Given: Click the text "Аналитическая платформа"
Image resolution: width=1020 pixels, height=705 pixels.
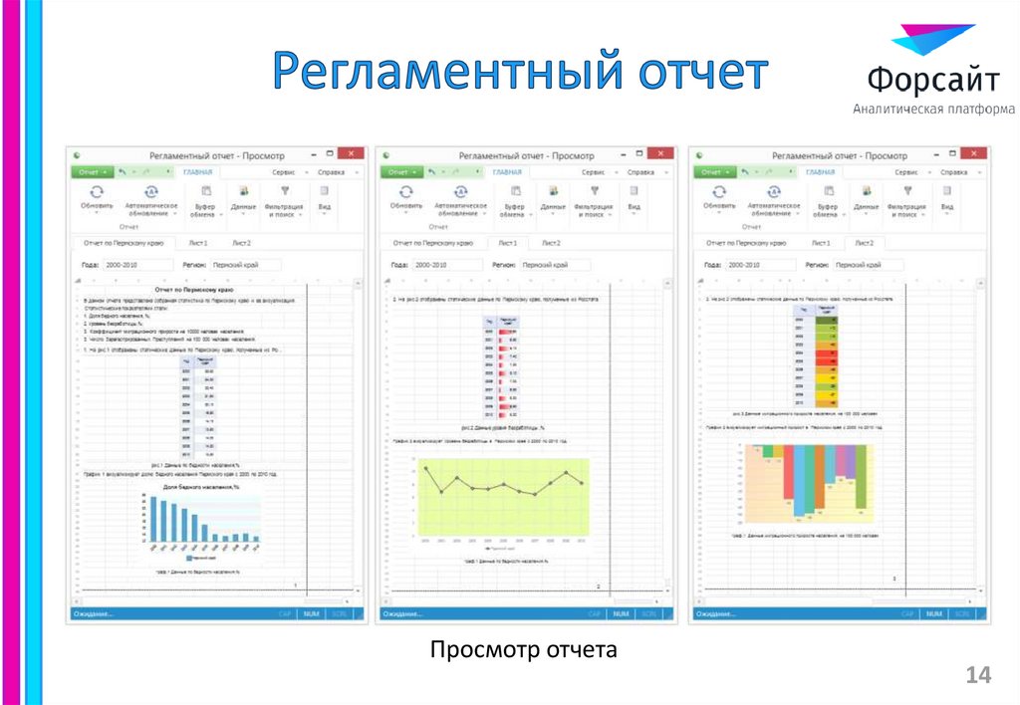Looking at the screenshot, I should pyautogui.click(x=933, y=109).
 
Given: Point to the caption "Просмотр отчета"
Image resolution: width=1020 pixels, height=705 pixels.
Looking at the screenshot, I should pyautogui.click(x=524, y=650).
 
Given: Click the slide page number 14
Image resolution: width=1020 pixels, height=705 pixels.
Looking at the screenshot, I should pyautogui.click(x=978, y=676).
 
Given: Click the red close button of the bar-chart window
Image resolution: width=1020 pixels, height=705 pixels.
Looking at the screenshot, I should pyautogui.click(x=351, y=154).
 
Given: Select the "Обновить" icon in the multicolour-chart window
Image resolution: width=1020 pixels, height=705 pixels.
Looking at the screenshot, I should pyautogui.click(x=718, y=192).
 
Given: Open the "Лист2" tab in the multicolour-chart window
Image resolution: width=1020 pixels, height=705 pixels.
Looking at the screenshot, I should pyautogui.click(x=863, y=243).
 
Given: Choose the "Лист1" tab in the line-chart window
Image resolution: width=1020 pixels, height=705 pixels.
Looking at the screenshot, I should pyautogui.click(x=507, y=243).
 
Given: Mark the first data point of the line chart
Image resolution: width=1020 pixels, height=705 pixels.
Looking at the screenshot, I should pyautogui.click(x=425, y=467).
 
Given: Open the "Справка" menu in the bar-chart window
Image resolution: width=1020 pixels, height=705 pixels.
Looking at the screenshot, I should pyautogui.click(x=331, y=172).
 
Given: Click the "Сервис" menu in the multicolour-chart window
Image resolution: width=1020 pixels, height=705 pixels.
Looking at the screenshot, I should pyautogui.click(x=905, y=172).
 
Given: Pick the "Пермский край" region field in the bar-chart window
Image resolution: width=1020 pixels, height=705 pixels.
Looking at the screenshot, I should pyautogui.click(x=246, y=266).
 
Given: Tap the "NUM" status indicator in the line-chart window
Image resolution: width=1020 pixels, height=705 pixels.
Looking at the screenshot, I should pyautogui.click(x=622, y=614).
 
